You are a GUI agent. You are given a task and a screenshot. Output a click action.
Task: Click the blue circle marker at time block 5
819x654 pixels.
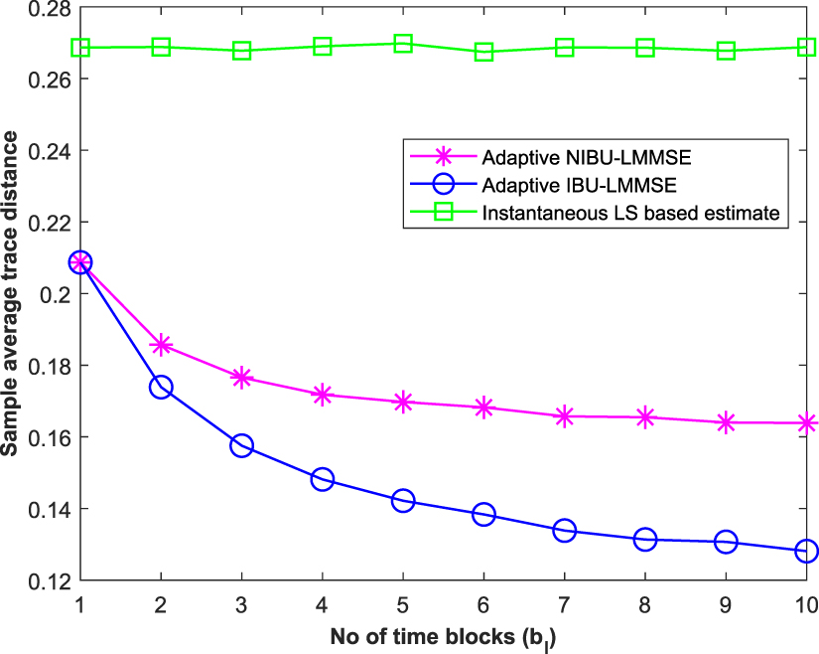(403, 501)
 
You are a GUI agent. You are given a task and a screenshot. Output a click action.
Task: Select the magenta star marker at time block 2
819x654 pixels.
(161, 345)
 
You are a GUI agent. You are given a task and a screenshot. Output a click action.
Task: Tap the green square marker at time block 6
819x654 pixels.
(483, 52)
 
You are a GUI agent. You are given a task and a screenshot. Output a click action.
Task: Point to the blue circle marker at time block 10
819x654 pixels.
(806, 551)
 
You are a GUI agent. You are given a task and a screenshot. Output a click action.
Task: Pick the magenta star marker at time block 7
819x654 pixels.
(564, 416)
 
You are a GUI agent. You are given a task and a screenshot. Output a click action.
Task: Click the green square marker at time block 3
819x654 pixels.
(241, 51)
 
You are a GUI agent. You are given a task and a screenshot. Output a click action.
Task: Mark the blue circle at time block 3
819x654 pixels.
(241, 445)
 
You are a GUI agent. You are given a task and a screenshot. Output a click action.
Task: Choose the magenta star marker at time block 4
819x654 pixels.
(322, 395)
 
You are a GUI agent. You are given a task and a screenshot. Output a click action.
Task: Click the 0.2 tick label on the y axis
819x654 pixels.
(55, 294)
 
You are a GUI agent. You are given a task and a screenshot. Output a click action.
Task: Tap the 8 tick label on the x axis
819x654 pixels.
(644, 603)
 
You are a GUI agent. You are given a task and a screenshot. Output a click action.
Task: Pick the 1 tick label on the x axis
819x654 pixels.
(80, 603)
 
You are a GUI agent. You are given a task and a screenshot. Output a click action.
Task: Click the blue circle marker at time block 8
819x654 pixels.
(644, 540)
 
